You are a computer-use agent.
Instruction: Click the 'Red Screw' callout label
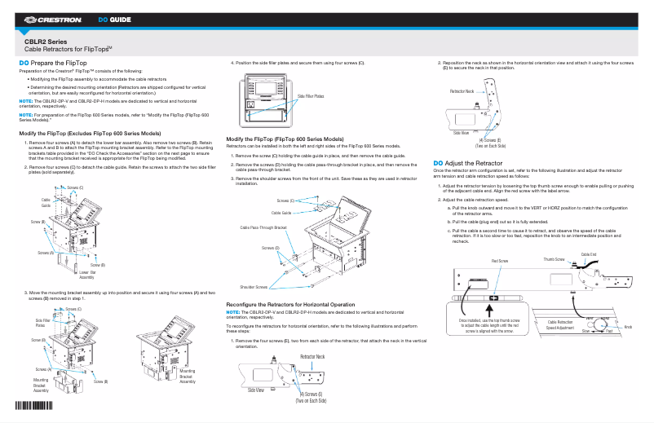pyautogui.click(x=500, y=260)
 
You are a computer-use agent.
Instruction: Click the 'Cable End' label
pyautogui.click(x=588, y=254)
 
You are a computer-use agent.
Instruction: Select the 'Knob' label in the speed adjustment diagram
pyautogui.click(x=627, y=327)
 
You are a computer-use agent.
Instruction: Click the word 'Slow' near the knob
pyautogui.click(x=586, y=333)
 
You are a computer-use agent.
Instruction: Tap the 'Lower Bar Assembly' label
pyautogui.click(x=87, y=275)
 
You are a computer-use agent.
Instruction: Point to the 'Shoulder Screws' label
pyautogui.click(x=254, y=287)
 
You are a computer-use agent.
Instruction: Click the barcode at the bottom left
pyautogui.click(x=33, y=406)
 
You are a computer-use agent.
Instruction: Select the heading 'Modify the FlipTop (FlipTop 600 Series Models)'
pyautogui.click(x=285, y=139)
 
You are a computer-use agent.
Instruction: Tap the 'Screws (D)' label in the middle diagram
pyautogui.click(x=271, y=247)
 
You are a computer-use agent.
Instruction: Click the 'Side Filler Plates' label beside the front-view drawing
pyautogui.click(x=310, y=95)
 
